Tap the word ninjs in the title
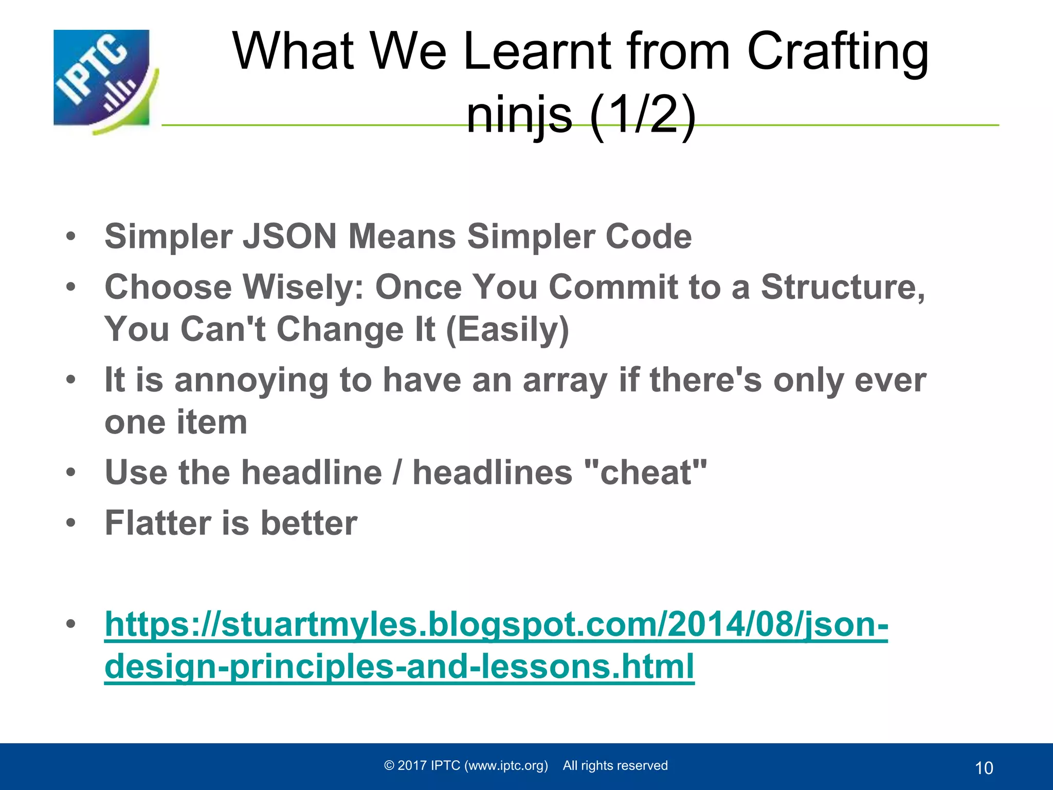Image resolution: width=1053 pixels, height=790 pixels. (519, 115)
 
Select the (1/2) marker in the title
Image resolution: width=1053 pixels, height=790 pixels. (643, 115)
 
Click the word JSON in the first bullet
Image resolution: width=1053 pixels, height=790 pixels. (289, 237)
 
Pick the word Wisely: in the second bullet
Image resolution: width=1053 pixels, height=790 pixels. (303, 286)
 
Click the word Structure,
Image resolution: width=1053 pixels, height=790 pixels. (843, 286)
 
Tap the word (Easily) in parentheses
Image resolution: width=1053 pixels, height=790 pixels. (507, 329)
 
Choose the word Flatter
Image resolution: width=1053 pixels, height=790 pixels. (157, 523)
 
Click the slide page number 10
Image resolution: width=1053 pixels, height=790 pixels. (984, 768)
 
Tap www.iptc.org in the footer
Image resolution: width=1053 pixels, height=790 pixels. (506, 766)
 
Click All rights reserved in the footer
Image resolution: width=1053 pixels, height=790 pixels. (615, 766)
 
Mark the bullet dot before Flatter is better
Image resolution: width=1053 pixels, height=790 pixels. (71, 524)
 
